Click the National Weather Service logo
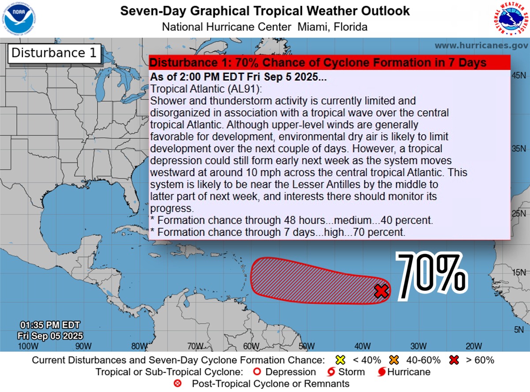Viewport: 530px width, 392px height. (511, 19)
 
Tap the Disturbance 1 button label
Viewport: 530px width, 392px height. (54, 53)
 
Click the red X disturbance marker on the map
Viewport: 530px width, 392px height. (381, 291)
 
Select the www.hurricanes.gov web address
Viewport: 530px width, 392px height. (481, 46)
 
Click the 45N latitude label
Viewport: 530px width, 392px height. (518, 76)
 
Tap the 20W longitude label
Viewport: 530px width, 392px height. (473, 346)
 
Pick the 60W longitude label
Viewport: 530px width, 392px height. (250, 346)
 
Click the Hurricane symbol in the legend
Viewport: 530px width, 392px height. (382, 372)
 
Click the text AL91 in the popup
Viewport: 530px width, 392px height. (225, 88)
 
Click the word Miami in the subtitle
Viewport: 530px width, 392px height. (312, 27)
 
